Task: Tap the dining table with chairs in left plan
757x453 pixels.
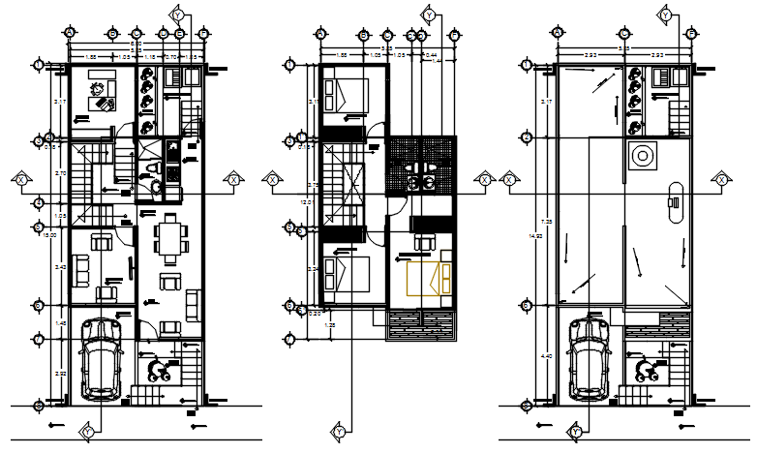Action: (170, 239)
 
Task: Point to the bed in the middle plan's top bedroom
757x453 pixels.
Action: (346, 96)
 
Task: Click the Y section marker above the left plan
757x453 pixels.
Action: (177, 15)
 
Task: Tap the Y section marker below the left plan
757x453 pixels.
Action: (88, 431)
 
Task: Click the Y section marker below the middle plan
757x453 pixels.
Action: (340, 431)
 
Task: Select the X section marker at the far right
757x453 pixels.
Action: (721, 179)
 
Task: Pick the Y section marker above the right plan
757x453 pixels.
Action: (665, 15)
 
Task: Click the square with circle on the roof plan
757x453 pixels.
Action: (640, 155)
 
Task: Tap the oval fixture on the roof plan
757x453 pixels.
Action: (672, 203)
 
